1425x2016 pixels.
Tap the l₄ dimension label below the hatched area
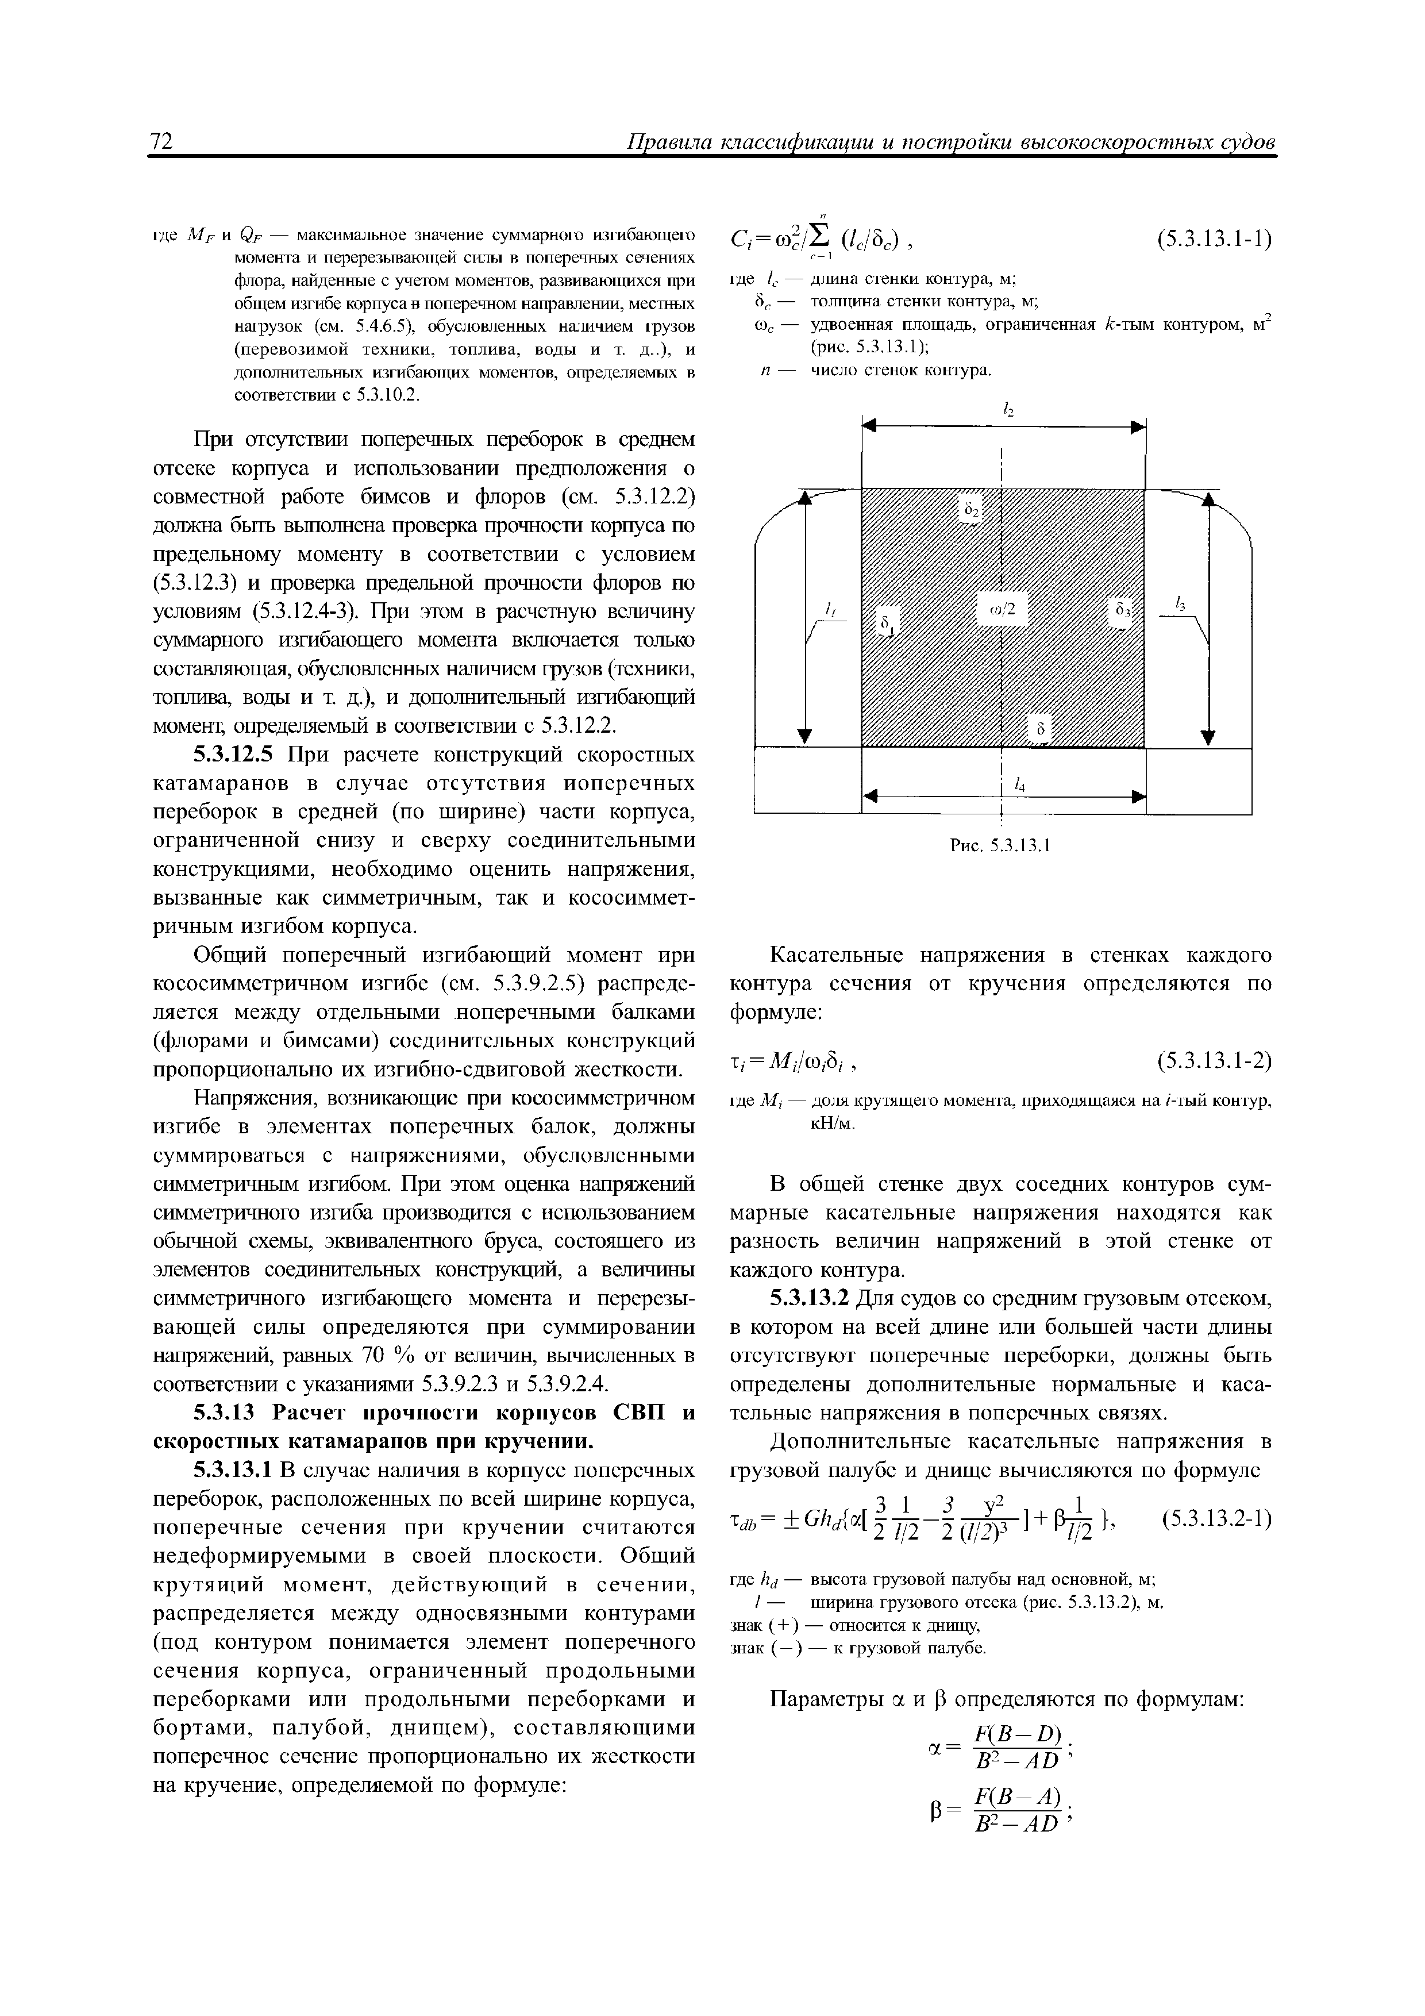click(x=1020, y=785)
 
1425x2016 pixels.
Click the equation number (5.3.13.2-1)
click(x=1216, y=1517)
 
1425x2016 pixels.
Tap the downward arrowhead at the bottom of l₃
click(x=1209, y=736)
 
